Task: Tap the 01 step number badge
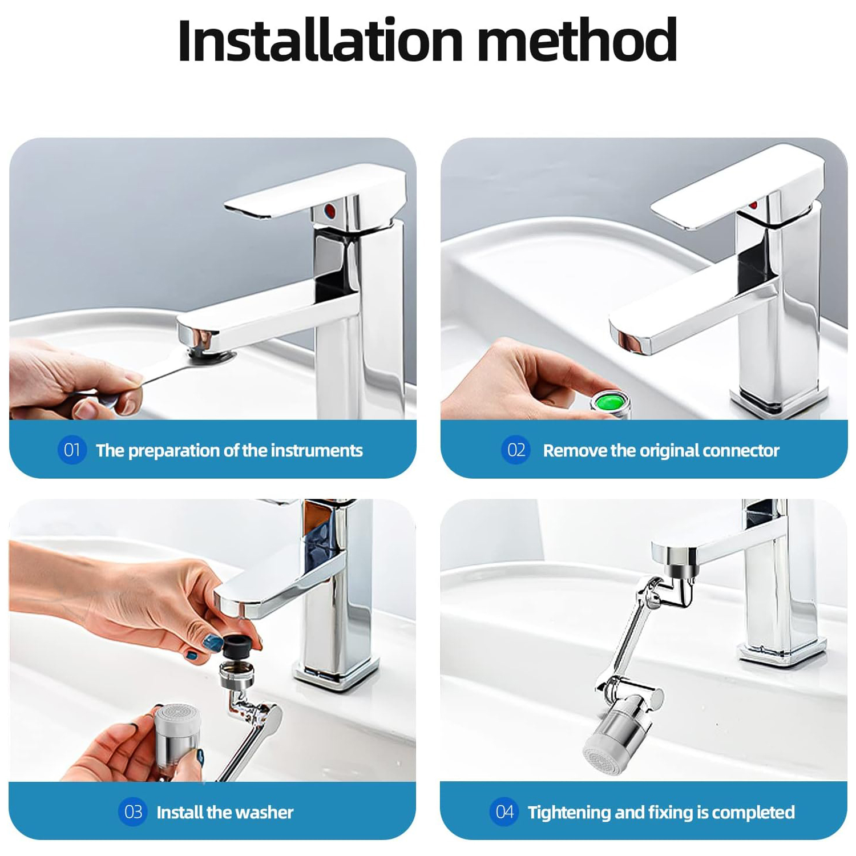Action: (x=72, y=450)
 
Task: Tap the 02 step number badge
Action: (x=516, y=450)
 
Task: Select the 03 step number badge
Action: (x=133, y=811)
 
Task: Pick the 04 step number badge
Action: (x=504, y=811)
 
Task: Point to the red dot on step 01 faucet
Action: (x=329, y=211)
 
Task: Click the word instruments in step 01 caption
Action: (x=317, y=450)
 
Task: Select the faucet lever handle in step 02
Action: (x=736, y=185)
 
